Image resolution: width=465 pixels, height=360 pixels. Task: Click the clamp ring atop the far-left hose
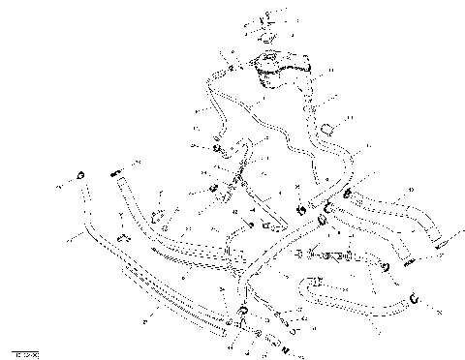click(81, 174)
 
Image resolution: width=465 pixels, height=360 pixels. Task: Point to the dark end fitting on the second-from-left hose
click(118, 173)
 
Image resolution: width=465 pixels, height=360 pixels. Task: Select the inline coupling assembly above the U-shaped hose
click(334, 257)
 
